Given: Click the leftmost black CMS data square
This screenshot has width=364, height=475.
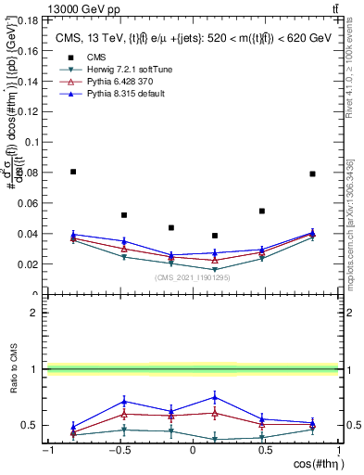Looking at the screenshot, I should (73, 172).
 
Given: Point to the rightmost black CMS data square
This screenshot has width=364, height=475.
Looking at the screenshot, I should (312, 173).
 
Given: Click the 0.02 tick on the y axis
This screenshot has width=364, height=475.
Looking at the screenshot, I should (30, 263).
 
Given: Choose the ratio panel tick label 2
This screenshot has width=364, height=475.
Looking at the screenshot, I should (32, 314).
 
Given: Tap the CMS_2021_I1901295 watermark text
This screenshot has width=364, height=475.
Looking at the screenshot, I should (192, 277).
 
